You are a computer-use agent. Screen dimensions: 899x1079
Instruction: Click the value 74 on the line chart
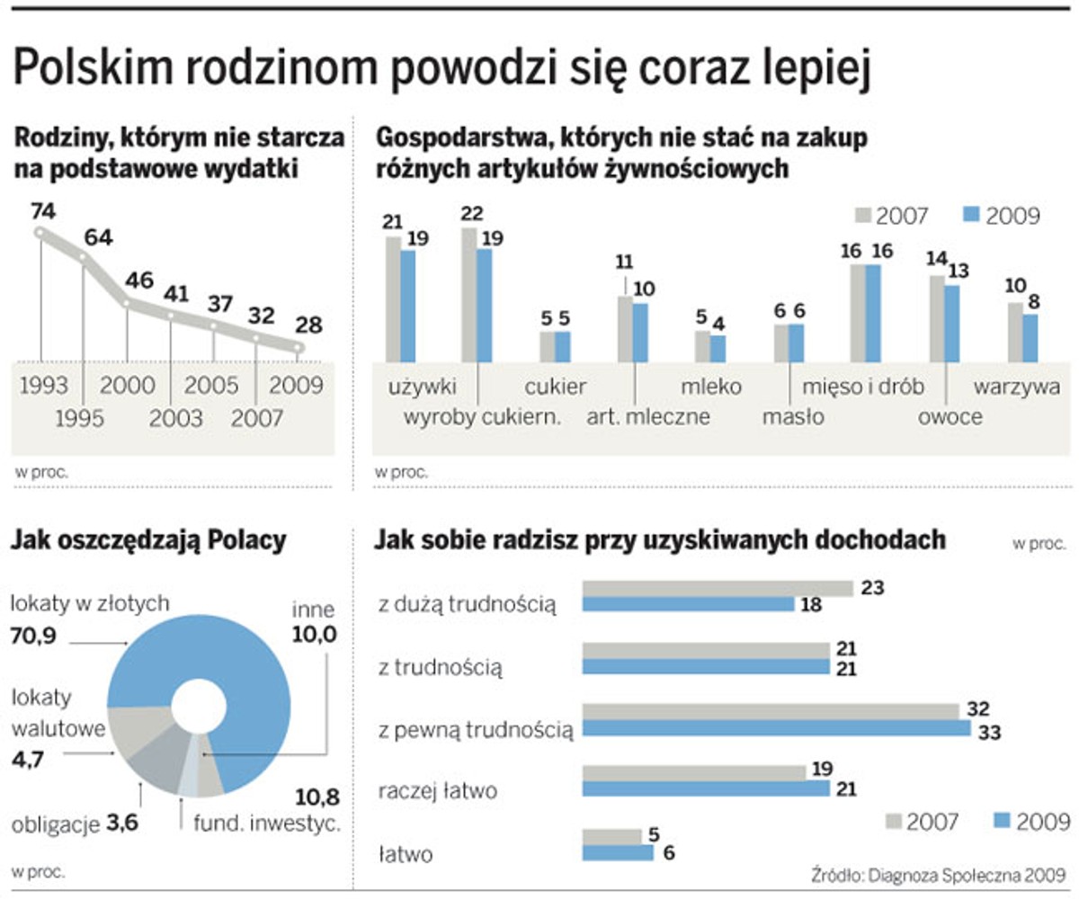42,211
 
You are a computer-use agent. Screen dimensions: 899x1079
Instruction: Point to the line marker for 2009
299,348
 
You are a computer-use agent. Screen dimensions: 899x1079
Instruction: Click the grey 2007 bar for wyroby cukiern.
469,294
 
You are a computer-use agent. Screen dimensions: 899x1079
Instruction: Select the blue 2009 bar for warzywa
1030,338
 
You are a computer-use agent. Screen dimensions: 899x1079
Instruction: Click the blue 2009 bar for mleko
718,348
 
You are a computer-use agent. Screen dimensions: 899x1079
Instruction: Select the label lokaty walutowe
55,711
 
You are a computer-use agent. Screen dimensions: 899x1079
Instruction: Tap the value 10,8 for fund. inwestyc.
317,796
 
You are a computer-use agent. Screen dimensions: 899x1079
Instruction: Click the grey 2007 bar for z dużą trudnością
718,588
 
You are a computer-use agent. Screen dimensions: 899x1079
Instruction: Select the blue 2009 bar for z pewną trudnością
776,727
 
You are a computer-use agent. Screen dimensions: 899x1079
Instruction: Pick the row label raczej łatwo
438,790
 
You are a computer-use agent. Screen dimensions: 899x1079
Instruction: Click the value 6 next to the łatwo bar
668,853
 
